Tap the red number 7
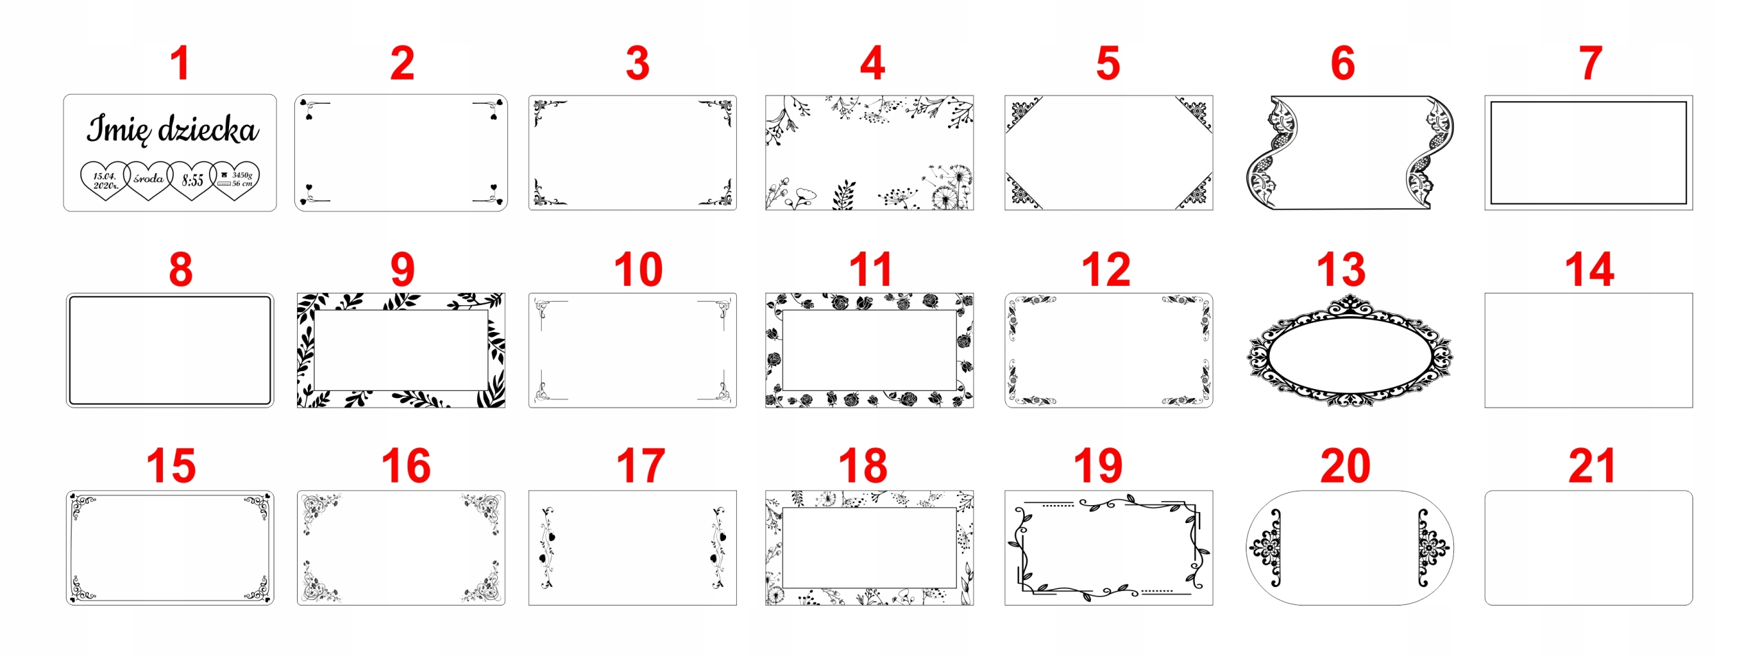[1590, 63]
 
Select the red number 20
[1345, 466]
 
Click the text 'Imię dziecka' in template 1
[173, 129]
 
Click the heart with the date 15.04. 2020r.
[105, 180]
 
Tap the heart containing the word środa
[148, 180]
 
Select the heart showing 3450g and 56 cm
[235, 180]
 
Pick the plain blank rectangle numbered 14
[1588, 351]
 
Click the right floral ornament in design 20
[1433, 548]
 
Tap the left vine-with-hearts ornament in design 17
[548, 548]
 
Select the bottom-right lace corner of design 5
[1195, 192]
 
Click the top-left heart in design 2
[303, 102]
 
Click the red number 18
[863, 466]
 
